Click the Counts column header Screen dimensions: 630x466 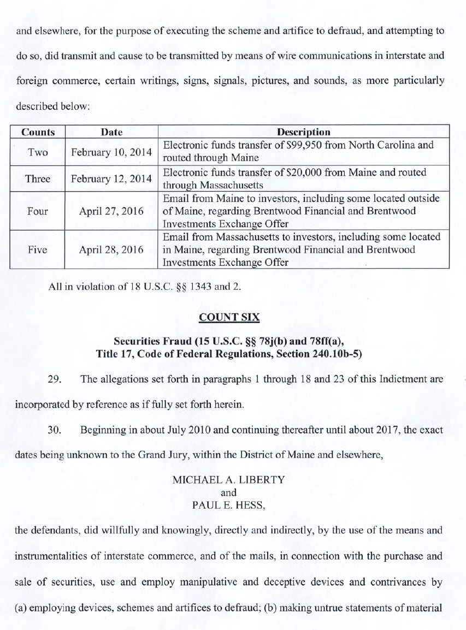tap(38, 132)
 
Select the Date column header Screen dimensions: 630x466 tap(111, 132)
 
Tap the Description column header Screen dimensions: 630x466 tap(303, 132)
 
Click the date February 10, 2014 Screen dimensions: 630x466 tap(111, 152)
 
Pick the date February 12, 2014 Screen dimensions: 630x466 tap(111, 179)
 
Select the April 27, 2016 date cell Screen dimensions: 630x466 tap(111, 211)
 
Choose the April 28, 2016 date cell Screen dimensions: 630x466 tap(111, 249)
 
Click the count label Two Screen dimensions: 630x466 tap(38, 152)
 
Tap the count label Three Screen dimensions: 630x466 tap(38, 179)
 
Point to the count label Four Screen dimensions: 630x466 tap(38, 211)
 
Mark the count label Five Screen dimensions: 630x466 tap(38, 249)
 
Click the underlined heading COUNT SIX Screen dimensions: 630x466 tap(233, 317)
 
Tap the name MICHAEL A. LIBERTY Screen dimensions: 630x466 tap(228, 480)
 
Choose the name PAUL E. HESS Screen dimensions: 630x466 tap(228, 505)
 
